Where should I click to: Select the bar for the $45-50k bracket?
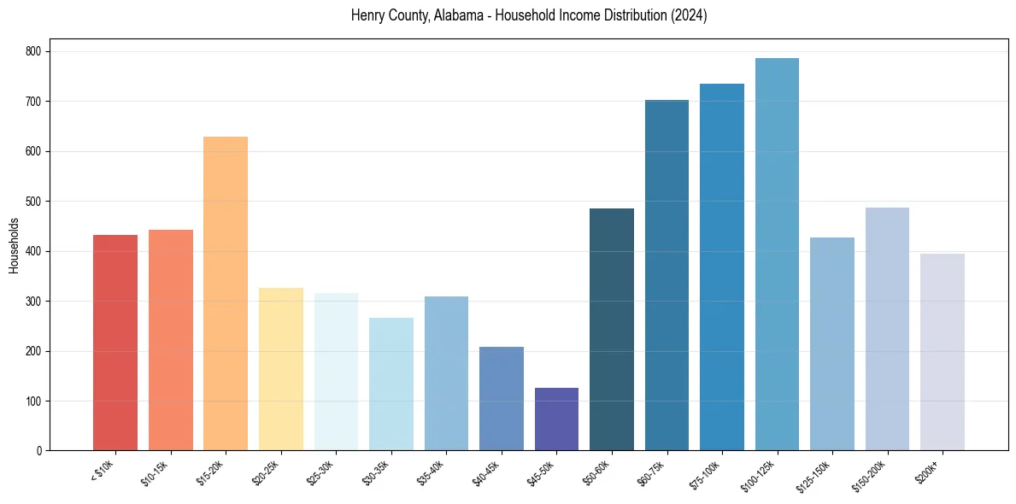click(x=556, y=419)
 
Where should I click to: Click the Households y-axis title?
click(x=15, y=245)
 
